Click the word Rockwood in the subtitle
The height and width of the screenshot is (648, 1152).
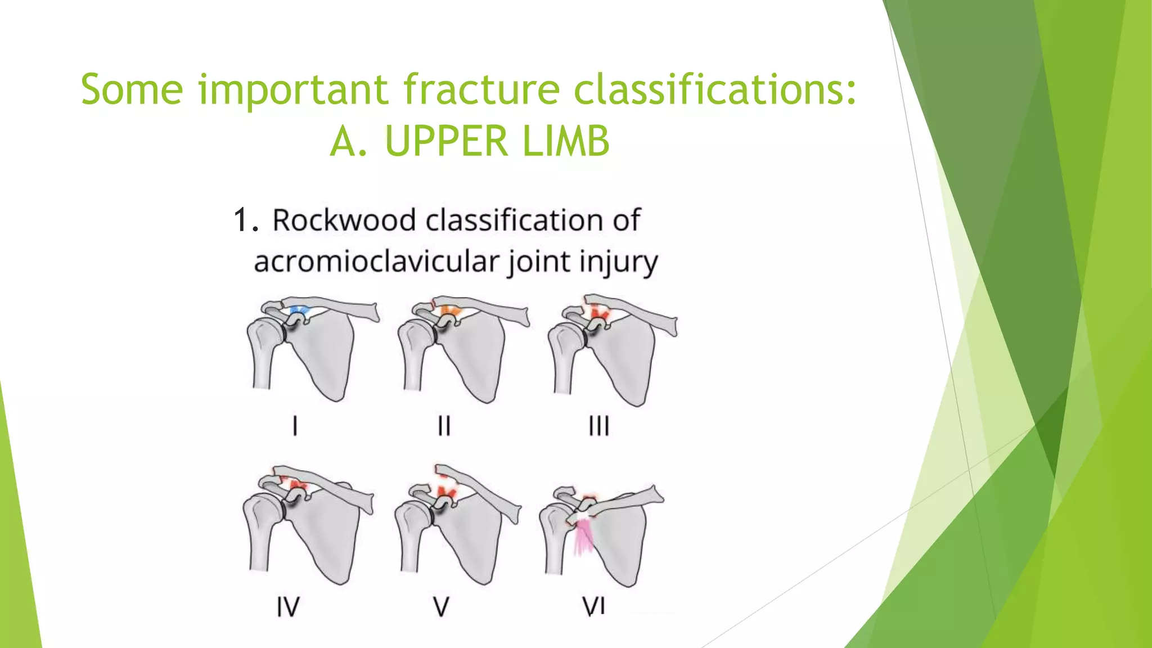point(343,220)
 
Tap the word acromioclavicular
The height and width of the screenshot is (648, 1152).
point(376,262)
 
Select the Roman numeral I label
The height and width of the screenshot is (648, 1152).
point(295,426)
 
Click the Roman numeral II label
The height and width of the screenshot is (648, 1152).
point(444,426)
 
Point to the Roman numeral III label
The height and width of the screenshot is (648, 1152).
point(598,426)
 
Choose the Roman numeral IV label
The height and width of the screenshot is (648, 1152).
point(288,607)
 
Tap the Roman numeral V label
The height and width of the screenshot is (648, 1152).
point(441,607)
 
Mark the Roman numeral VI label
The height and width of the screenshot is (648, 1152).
point(594,606)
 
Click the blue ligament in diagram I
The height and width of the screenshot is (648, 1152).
point(299,310)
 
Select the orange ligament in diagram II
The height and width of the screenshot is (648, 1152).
point(450,310)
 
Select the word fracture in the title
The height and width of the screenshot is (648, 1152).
point(481,89)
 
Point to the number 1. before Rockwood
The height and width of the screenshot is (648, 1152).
point(246,220)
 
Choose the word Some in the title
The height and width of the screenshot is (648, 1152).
point(132,89)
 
